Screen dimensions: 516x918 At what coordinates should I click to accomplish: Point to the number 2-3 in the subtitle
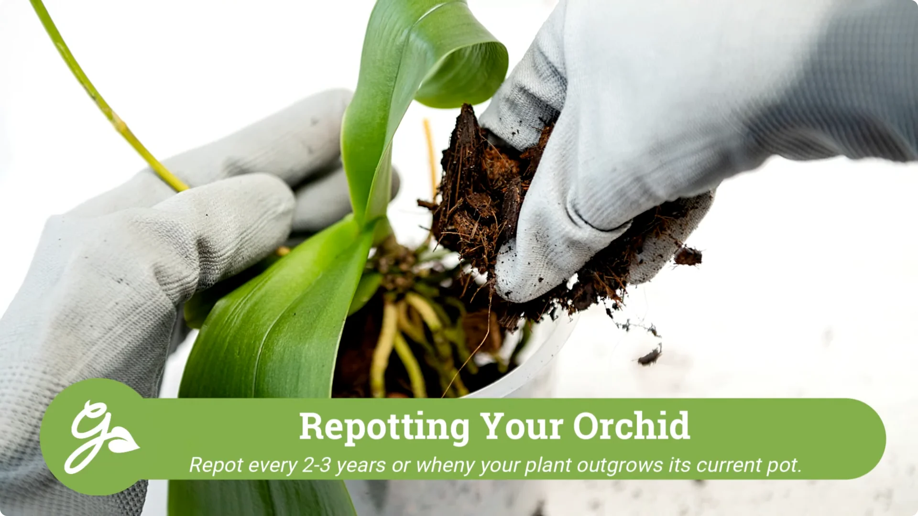click(x=317, y=465)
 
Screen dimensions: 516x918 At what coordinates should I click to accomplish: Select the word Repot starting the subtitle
click(x=216, y=465)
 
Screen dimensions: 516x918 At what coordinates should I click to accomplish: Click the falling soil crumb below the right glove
click(x=650, y=356)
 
